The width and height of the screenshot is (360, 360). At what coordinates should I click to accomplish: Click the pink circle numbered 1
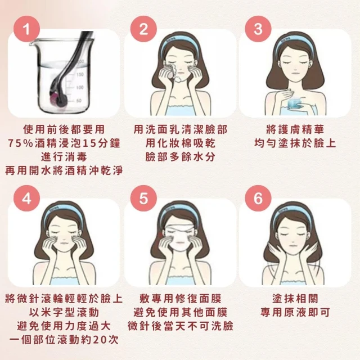26,29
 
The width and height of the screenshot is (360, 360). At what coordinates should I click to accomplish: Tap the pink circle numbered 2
143,29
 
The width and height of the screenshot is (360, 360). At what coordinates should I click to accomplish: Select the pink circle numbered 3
258,29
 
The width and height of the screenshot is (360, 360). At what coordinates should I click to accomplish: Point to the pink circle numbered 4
26,199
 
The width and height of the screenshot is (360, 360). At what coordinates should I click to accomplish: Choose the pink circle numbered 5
143,199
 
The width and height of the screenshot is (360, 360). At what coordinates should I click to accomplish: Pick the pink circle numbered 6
258,199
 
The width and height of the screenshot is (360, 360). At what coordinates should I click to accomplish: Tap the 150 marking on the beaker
80,74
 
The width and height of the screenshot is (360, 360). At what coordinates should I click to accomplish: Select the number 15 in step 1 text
88,143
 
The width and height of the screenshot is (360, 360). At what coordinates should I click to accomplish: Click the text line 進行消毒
64,157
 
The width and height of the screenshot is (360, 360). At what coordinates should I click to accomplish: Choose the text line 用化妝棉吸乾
180,143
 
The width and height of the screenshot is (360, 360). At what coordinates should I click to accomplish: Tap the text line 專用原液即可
295,312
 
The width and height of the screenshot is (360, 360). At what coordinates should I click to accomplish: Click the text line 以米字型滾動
64,312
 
